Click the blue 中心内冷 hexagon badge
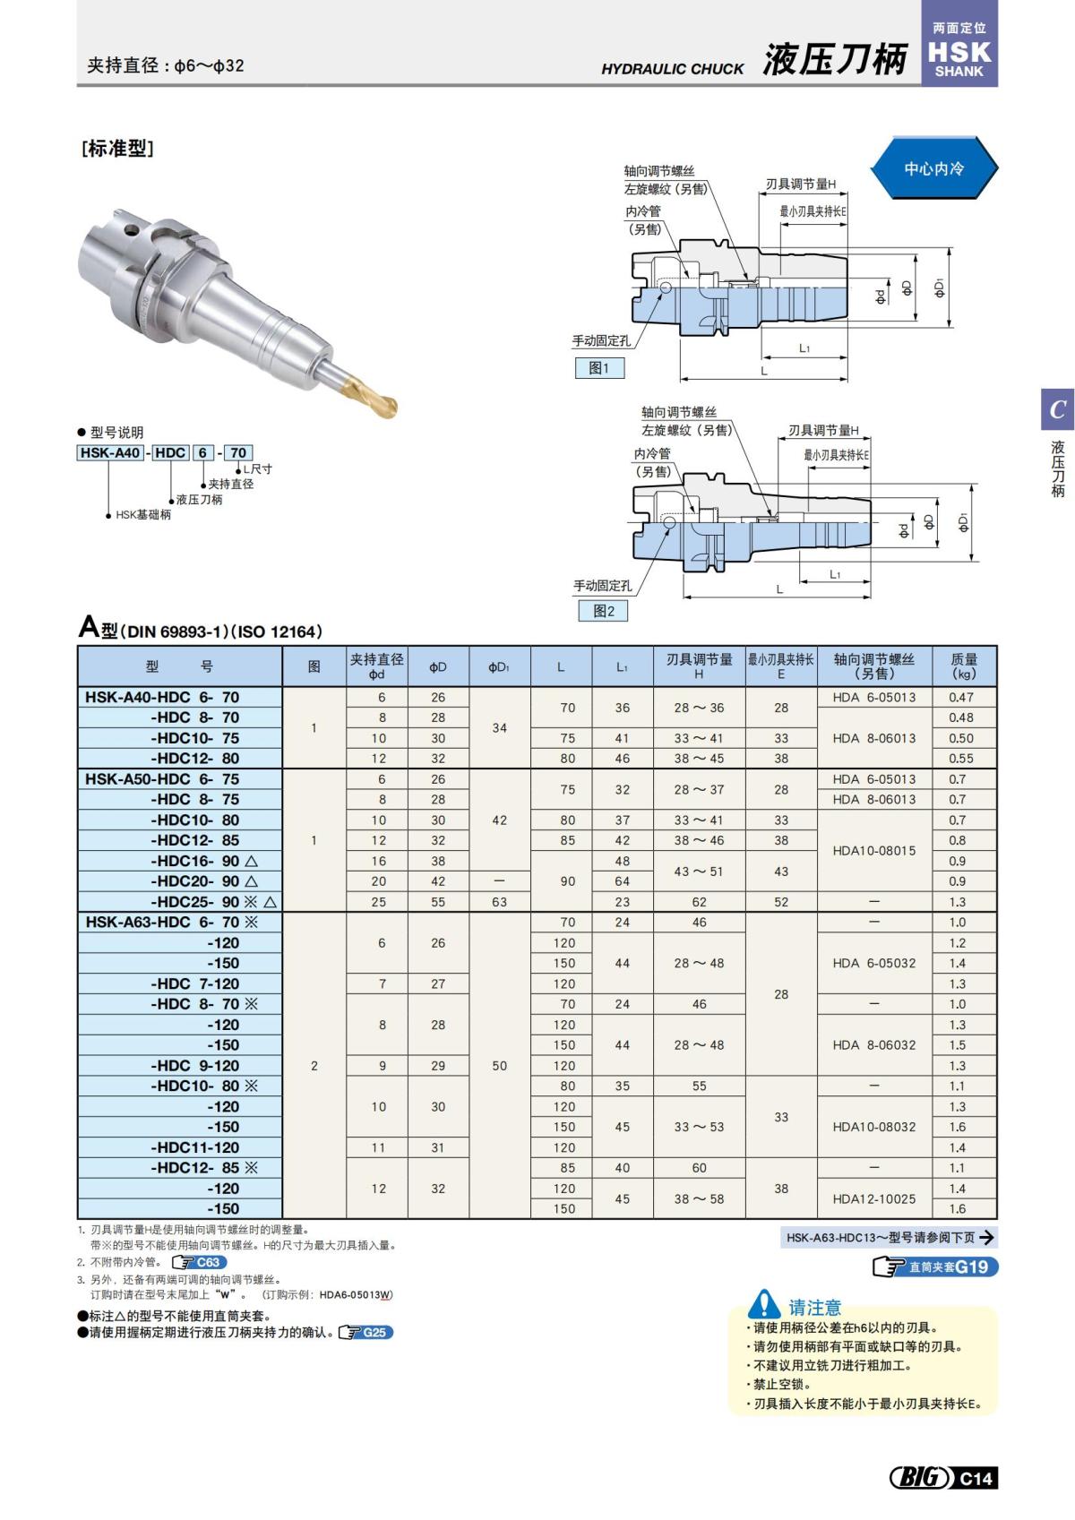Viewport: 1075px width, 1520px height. (x=933, y=168)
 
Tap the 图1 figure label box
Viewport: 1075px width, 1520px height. (x=599, y=368)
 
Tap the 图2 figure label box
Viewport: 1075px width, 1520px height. (x=603, y=611)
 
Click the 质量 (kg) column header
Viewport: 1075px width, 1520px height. (x=964, y=666)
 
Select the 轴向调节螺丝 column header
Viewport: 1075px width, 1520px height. (x=873, y=666)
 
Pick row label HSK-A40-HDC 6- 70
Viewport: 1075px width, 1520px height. (x=162, y=697)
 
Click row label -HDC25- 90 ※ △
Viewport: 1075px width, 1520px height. (x=213, y=902)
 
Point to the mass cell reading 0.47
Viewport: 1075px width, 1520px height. (x=960, y=697)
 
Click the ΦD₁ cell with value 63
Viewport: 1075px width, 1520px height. (x=499, y=902)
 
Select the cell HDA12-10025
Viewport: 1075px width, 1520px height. (x=873, y=1198)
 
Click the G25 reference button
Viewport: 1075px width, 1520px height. (x=365, y=1333)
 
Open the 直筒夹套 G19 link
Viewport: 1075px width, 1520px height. (x=935, y=1267)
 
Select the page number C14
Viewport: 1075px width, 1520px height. (x=976, y=1478)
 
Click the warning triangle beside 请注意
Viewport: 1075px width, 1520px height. (x=764, y=1305)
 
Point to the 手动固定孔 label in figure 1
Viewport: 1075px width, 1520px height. (x=601, y=341)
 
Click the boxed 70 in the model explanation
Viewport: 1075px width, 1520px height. (x=238, y=452)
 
